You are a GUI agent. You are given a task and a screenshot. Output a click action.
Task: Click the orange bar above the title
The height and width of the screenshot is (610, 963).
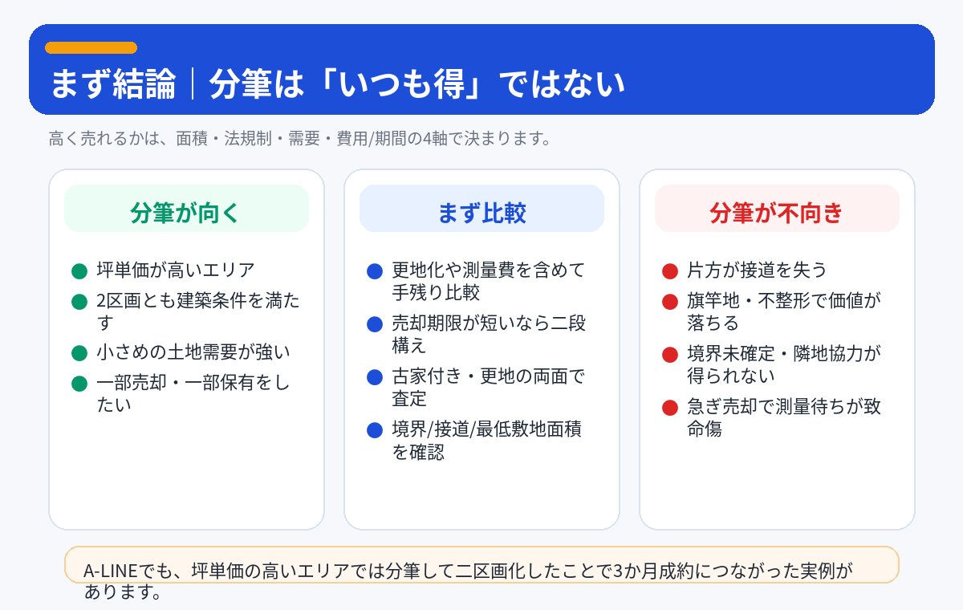point(91,47)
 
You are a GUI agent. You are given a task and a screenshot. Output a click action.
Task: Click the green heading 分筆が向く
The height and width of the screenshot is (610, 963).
point(185,213)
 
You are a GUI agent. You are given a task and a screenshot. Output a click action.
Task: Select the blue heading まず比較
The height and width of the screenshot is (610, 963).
point(481,213)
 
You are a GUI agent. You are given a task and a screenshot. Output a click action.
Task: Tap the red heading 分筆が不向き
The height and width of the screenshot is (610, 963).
point(776,213)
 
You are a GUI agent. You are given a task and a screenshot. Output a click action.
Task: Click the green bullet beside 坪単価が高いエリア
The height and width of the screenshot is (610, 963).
point(79,271)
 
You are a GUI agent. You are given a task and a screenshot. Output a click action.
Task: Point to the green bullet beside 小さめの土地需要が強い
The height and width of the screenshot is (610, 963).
point(79,353)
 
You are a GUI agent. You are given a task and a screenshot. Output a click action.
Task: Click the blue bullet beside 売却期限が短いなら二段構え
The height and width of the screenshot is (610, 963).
point(375,324)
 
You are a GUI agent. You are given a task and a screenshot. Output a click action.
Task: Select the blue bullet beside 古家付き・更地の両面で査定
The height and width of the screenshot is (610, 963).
point(375,377)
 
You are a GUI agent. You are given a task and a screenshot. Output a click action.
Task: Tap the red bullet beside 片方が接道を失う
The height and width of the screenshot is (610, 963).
point(670,271)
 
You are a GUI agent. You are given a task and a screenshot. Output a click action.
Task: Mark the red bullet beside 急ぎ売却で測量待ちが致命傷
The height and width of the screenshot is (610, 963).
point(670,408)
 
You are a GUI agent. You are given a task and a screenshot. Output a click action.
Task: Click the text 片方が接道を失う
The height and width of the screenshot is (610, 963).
point(757,270)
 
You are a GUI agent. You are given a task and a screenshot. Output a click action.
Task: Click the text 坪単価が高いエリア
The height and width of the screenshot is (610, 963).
point(176,270)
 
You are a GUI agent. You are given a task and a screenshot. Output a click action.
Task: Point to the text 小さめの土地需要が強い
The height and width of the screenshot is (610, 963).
point(193,352)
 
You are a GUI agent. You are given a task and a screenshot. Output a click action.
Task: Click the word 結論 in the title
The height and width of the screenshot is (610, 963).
point(144,83)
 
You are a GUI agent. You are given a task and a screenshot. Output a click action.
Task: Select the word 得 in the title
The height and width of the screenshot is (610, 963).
point(449,83)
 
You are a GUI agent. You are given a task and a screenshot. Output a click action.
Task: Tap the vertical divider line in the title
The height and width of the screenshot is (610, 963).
point(192,83)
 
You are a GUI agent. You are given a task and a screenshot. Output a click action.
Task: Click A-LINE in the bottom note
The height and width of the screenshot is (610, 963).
point(111,571)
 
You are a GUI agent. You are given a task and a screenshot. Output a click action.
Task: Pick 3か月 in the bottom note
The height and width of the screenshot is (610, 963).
point(636,571)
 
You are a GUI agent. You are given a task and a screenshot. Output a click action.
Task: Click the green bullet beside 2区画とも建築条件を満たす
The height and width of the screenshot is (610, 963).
point(79,302)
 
